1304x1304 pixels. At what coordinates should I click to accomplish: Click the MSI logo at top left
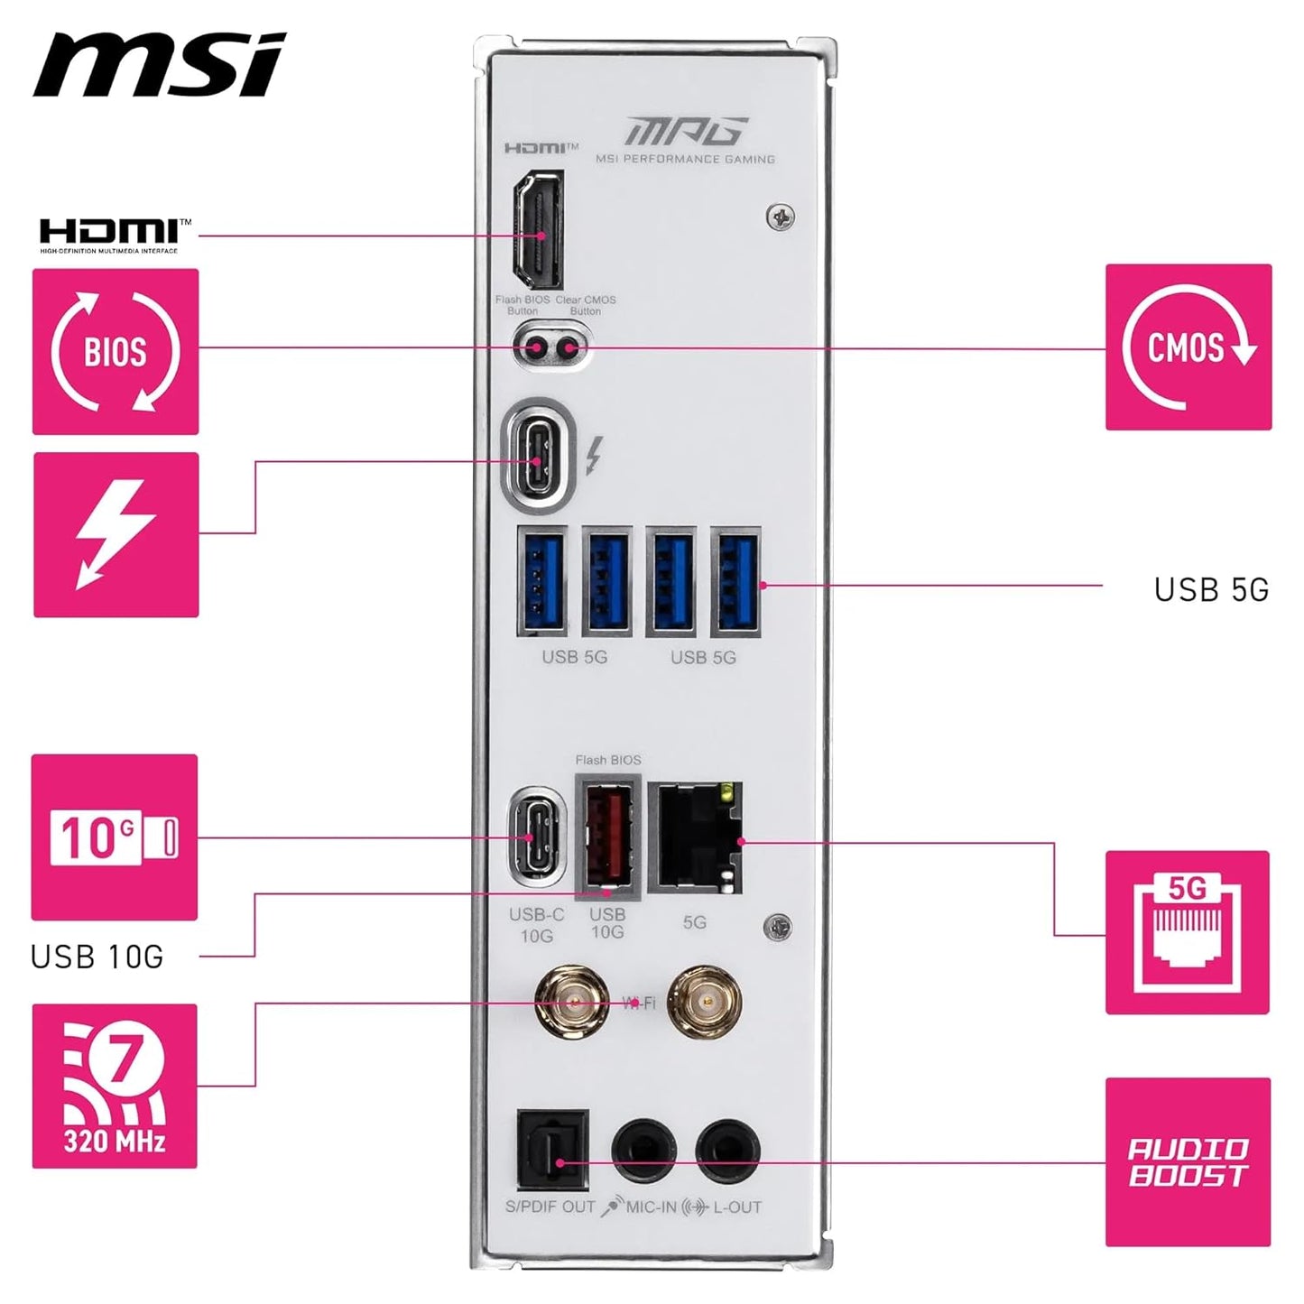coord(159,65)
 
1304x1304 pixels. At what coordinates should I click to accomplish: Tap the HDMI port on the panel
coord(538,230)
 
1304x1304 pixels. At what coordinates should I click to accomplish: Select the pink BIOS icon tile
coord(116,351)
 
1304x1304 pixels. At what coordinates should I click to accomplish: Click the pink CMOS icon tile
coord(1188,347)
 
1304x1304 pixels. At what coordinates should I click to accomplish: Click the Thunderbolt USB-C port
coord(539,461)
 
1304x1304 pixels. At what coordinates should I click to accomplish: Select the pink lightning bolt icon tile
coord(116,535)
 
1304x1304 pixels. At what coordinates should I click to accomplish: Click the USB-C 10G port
coord(537,837)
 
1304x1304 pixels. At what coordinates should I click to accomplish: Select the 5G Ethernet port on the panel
coord(696,837)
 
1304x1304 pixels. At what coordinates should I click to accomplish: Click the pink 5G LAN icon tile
coord(1188,932)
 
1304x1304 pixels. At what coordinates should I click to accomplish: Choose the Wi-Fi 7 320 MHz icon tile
coord(115,1086)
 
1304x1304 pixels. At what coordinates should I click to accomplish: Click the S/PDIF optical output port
coord(552,1152)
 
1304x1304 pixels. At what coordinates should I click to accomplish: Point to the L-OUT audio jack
coord(727,1151)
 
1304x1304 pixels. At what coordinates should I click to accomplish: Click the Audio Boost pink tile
coord(1188,1162)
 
